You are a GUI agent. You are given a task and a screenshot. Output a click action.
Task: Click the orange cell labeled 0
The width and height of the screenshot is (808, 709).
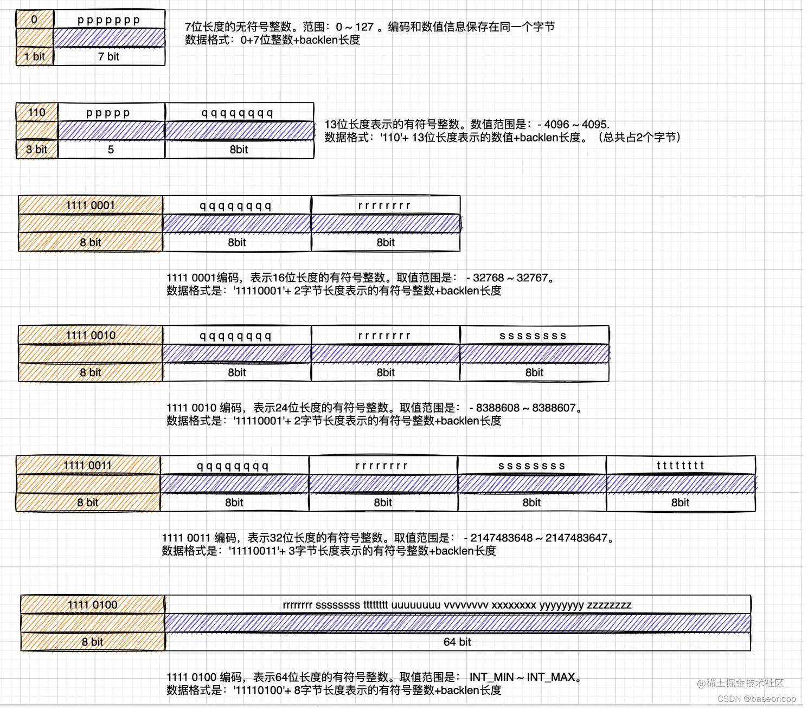pyautogui.click(x=35, y=20)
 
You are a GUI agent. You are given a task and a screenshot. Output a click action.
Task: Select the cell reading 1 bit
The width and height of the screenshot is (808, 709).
pyautogui.click(x=35, y=56)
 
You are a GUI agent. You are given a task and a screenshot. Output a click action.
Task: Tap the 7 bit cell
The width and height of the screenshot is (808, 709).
pyautogui.click(x=109, y=56)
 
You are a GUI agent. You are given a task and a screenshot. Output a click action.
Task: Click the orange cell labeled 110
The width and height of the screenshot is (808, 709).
pyautogui.click(x=37, y=112)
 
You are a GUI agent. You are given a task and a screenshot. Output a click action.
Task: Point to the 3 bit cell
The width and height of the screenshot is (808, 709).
pyautogui.click(x=37, y=150)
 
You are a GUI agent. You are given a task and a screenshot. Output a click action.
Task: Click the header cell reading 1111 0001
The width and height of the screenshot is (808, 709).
pyautogui.click(x=91, y=205)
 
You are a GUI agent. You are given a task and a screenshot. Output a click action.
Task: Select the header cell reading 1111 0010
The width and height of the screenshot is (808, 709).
pyautogui.click(x=91, y=335)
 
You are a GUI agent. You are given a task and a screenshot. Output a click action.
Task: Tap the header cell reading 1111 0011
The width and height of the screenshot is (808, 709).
pyautogui.click(x=88, y=465)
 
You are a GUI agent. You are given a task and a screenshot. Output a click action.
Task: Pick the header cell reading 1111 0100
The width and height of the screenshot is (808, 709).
pyautogui.click(x=93, y=604)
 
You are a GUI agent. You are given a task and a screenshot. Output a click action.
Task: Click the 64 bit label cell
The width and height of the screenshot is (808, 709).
pyautogui.click(x=457, y=642)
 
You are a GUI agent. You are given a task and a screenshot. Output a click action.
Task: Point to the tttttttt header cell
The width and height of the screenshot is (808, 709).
pyautogui.click(x=680, y=465)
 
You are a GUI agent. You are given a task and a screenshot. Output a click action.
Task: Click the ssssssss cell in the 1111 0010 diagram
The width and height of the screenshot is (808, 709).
pyautogui.click(x=534, y=336)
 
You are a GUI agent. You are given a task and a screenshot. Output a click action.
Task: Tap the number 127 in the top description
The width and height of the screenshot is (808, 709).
pyautogui.click(x=364, y=27)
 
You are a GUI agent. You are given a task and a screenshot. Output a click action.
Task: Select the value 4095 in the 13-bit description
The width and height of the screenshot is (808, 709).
pyautogui.click(x=595, y=124)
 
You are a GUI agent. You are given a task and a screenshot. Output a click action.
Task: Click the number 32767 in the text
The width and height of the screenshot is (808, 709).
pyautogui.click(x=533, y=278)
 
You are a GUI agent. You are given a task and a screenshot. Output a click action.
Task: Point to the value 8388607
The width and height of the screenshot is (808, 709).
pyautogui.click(x=554, y=408)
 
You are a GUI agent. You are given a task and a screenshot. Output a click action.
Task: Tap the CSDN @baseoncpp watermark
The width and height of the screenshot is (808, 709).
pyautogui.click(x=756, y=699)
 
